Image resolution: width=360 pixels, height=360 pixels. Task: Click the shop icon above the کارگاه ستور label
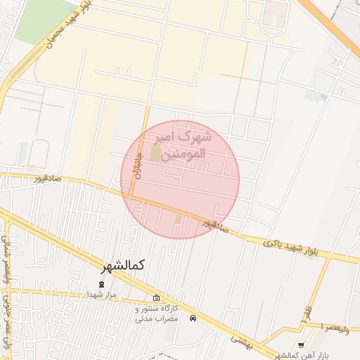[x=156, y=299]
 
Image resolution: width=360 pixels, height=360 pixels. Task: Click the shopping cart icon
[x=302, y=345]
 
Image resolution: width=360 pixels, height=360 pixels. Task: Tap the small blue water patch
[x=323, y=96]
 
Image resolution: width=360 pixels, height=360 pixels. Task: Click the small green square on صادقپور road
[x=178, y=219]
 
